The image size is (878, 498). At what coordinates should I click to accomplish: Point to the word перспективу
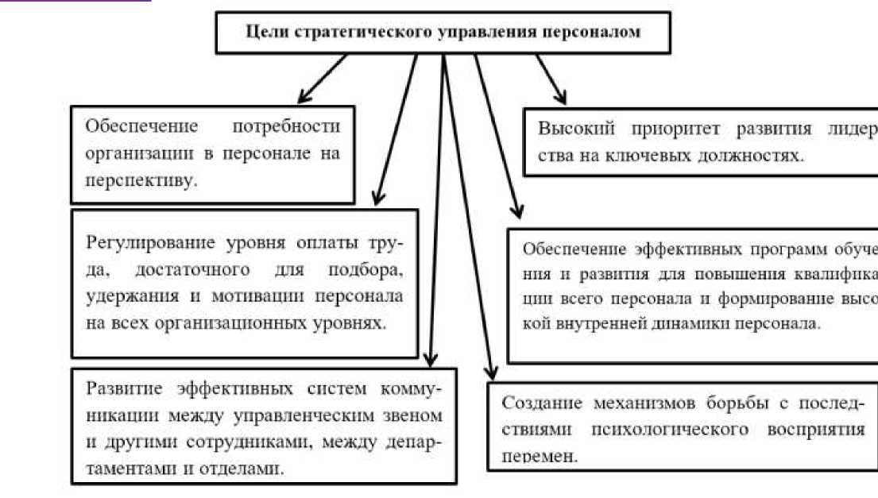[141, 180]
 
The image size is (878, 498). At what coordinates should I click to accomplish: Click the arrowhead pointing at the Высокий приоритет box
[561, 98]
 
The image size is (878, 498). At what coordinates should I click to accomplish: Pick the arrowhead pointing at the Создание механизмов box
[491, 373]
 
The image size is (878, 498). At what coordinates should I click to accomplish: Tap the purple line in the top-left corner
[75, 2]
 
